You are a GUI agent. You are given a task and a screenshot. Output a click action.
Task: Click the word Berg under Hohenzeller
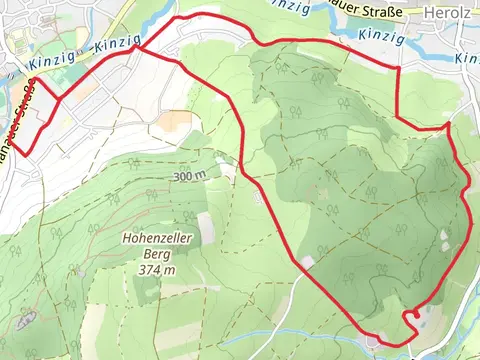coord(157,254)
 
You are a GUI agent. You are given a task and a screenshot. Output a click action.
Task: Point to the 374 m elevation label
coord(157,269)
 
